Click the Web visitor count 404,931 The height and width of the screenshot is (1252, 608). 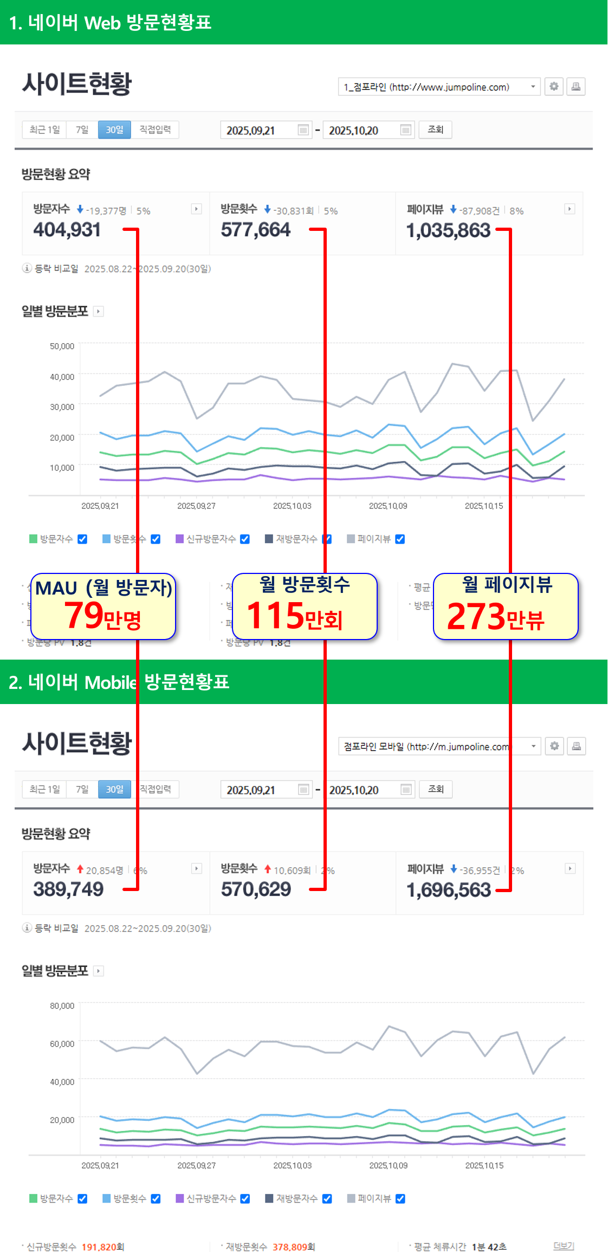[67, 230]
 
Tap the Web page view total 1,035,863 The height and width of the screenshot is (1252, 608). [448, 231]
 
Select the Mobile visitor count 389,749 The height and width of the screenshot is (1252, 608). [68, 889]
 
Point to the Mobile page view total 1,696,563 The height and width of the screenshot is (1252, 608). [449, 890]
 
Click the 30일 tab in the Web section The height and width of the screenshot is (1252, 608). [114, 130]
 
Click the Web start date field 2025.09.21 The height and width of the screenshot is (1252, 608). [259, 131]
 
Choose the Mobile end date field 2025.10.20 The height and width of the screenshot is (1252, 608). [362, 790]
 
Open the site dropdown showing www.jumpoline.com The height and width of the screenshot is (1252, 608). [439, 87]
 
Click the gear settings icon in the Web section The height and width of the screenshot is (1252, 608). [554, 87]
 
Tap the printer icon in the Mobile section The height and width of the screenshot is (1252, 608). [576, 746]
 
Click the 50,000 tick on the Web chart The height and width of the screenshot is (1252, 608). [62, 346]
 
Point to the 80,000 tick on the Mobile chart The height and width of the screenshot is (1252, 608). [62, 1006]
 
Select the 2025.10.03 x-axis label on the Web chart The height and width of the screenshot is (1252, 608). [292, 506]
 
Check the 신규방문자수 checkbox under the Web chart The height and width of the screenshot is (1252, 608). [245, 539]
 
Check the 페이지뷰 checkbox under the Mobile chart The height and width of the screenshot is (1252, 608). [400, 1199]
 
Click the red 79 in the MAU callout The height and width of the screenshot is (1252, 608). [83, 615]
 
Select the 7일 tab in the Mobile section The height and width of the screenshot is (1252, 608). [82, 790]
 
